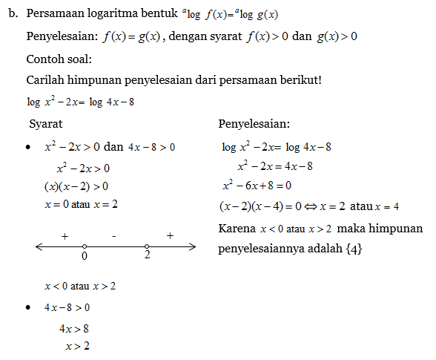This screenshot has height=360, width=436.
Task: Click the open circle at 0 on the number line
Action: [85, 246]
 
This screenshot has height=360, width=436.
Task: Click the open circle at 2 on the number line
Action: [147, 246]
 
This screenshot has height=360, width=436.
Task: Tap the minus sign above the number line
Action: [114, 235]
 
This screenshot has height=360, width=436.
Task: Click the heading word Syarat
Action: [45, 123]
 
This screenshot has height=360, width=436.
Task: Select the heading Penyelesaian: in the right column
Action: [254, 123]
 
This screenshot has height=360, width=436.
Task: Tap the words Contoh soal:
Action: [58, 59]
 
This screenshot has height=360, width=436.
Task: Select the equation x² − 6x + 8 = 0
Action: [257, 186]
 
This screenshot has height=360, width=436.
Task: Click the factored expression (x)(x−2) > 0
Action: [76, 186]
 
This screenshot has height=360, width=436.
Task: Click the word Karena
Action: [237, 228]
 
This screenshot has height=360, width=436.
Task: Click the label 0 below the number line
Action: [85, 256]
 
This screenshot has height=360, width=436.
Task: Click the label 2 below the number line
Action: [147, 256]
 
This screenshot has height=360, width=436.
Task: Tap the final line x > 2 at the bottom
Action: [77, 346]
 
